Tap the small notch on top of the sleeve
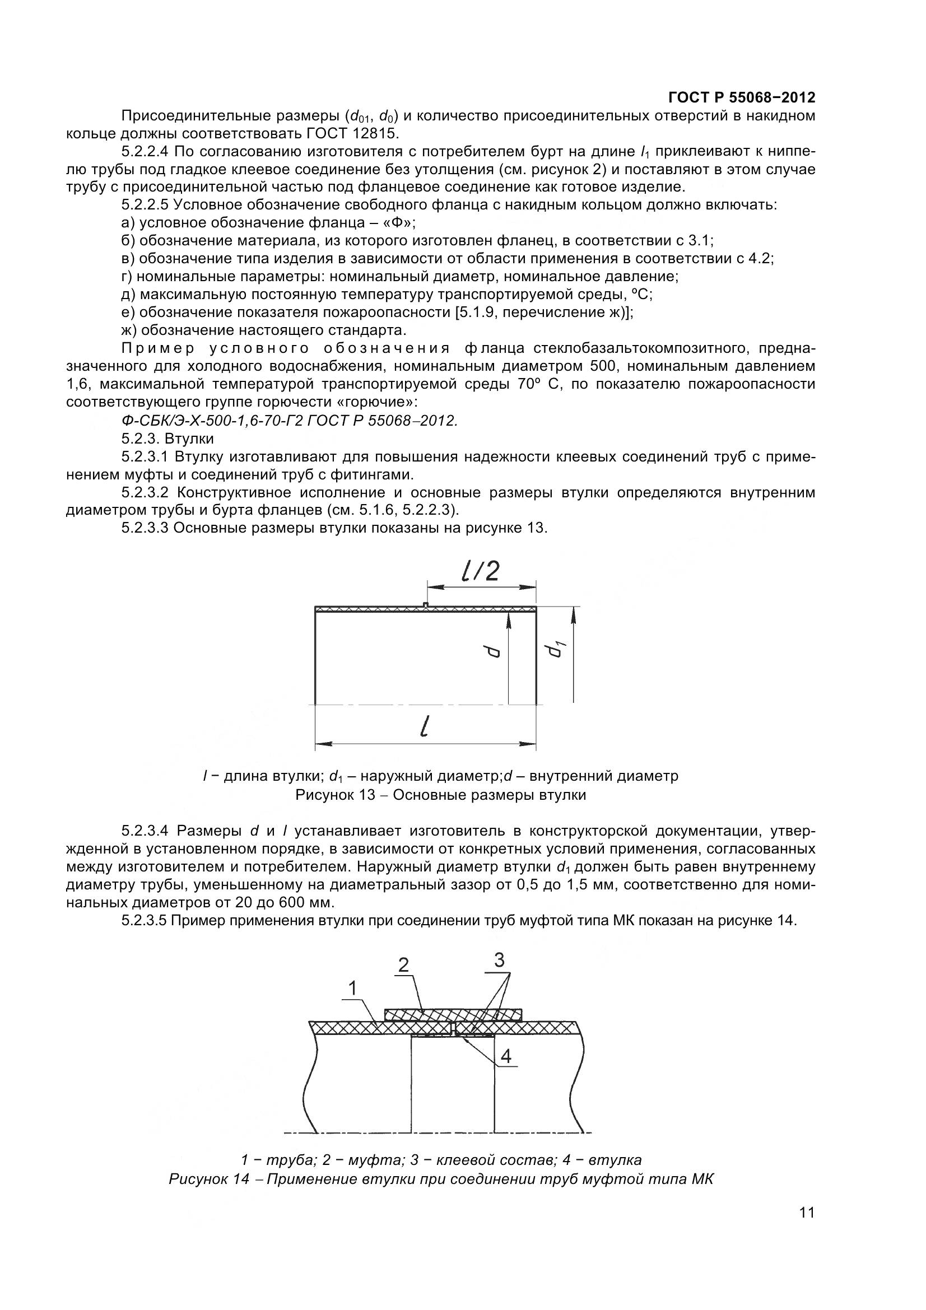coord(426,604)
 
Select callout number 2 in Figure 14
coord(403,965)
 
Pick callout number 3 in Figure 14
coord(499,961)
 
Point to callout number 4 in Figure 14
coord(505,1057)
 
